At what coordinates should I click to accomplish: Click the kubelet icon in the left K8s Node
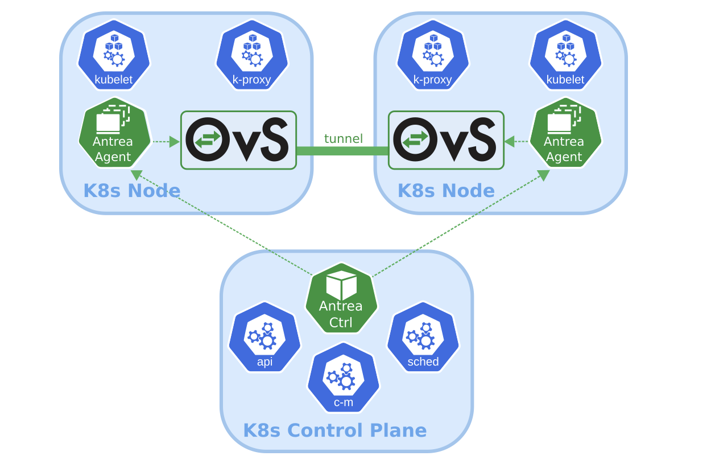click(114, 55)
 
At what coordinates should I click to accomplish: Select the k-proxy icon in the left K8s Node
click(252, 55)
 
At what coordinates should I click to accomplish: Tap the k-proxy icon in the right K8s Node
click(433, 55)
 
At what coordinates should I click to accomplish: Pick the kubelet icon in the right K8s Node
click(565, 55)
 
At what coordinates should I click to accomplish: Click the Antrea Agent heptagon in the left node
click(114, 133)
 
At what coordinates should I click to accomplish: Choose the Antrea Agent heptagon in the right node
click(565, 133)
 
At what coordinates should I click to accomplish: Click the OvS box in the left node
click(239, 140)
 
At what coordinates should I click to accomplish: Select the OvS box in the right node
click(447, 140)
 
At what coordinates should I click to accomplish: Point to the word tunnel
click(343, 138)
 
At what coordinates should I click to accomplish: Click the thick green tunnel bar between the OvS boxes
click(342, 151)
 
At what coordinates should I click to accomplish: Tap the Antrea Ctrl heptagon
click(341, 298)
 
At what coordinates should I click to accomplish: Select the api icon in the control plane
click(264, 337)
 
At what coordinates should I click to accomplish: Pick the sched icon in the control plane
click(423, 337)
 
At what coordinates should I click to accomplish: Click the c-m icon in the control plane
click(344, 378)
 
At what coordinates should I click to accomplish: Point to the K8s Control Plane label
click(335, 430)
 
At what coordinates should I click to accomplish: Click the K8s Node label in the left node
click(132, 191)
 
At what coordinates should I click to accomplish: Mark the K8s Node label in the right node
click(446, 191)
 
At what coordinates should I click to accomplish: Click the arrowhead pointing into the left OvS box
click(175, 142)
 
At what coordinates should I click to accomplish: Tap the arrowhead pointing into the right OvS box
click(510, 141)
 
